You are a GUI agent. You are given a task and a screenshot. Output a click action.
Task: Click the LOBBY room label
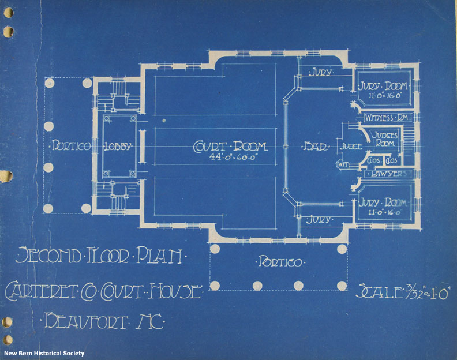pyautogui.click(x=118, y=147)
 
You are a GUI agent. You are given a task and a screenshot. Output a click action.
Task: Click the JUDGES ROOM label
pyautogui.click(x=383, y=139)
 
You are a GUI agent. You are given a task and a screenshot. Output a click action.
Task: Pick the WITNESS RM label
pyautogui.click(x=387, y=118)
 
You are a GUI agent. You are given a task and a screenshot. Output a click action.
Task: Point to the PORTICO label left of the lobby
pyautogui.click(x=71, y=147)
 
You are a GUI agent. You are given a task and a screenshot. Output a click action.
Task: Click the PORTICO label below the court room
pyautogui.click(x=279, y=263)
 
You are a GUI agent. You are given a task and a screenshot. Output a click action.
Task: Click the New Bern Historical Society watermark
pyautogui.click(x=44, y=353)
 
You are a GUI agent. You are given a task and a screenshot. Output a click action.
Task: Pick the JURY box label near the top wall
pyautogui.click(x=319, y=73)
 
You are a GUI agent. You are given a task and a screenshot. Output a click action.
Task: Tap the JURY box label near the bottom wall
pyautogui.click(x=319, y=220)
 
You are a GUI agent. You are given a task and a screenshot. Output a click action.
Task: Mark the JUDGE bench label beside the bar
pyautogui.click(x=350, y=147)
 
